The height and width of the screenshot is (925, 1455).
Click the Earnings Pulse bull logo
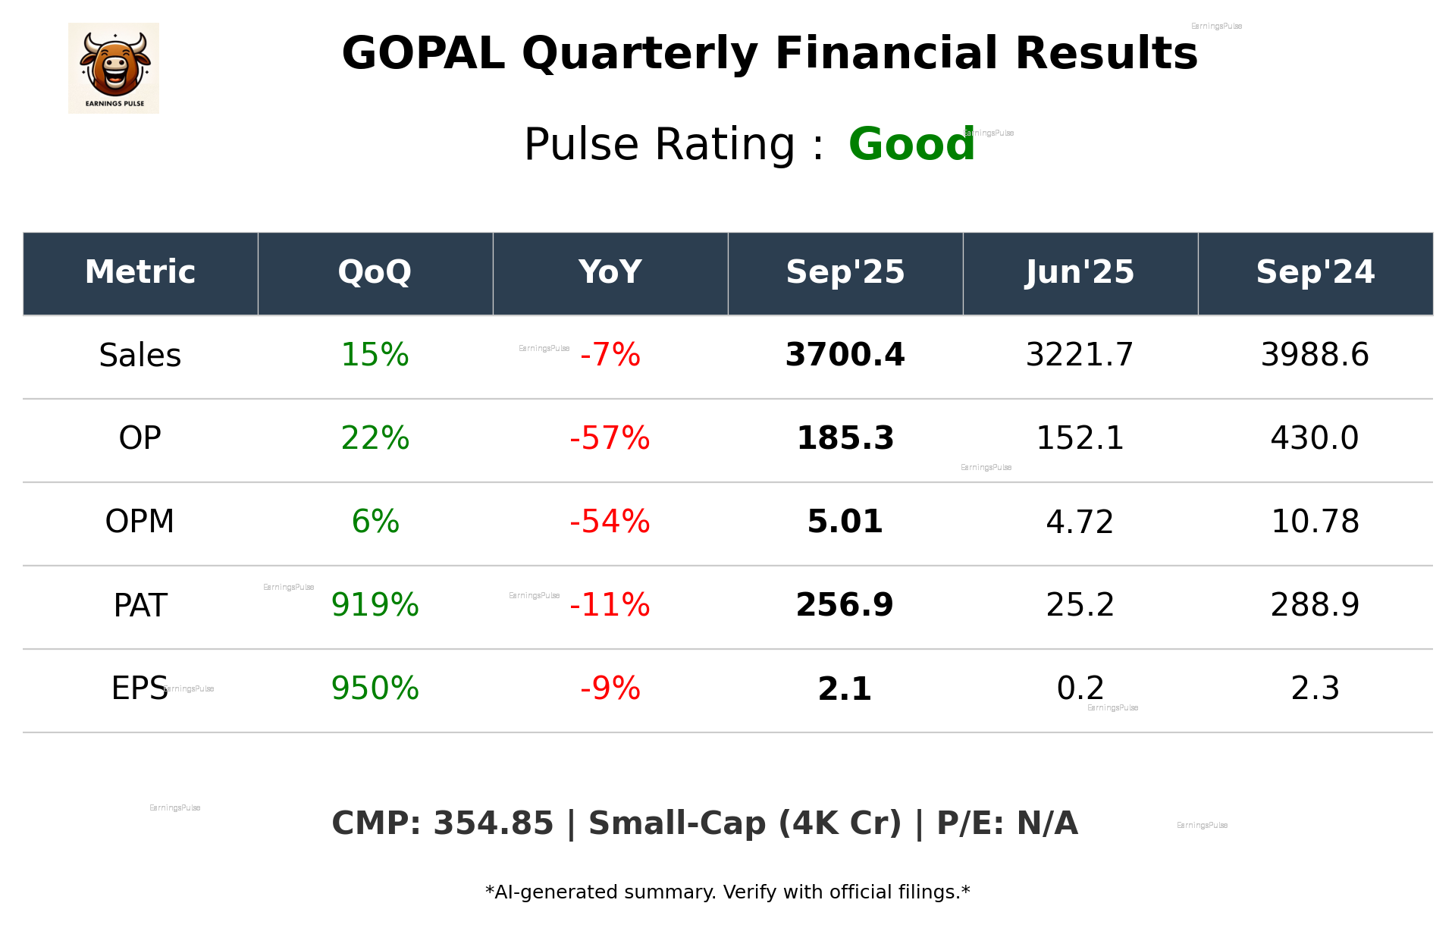point(114,68)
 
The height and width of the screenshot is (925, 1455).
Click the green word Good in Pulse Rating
point(911,145)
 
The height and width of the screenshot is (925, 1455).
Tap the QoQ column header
point(375,272)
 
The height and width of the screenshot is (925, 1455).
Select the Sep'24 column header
point(1315,272)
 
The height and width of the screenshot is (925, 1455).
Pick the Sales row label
point(140,356)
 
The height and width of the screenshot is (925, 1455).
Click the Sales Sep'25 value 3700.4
point(845,355)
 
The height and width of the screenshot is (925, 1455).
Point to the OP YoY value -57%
point(610,438)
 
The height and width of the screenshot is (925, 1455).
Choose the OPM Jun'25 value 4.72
point(1080,522)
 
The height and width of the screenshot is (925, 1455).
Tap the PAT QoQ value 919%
point(375,605)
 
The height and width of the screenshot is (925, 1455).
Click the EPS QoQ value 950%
point(375,688)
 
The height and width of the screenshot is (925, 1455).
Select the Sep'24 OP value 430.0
point(1314,438)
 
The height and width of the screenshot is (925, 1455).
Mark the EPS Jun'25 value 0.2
point(1080,688)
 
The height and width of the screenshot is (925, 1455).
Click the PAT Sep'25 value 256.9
point(845,605)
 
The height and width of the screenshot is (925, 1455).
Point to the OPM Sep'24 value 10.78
point(1315,522)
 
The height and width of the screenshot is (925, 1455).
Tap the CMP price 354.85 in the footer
point(493,824)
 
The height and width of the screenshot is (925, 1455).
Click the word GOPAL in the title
point(423,54)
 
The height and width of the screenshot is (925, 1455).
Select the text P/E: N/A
point(1007,824)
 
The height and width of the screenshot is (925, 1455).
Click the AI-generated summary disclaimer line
point(727,892)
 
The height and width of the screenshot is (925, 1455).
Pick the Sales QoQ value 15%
point(375,355)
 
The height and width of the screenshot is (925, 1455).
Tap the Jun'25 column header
point(1080,272)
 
